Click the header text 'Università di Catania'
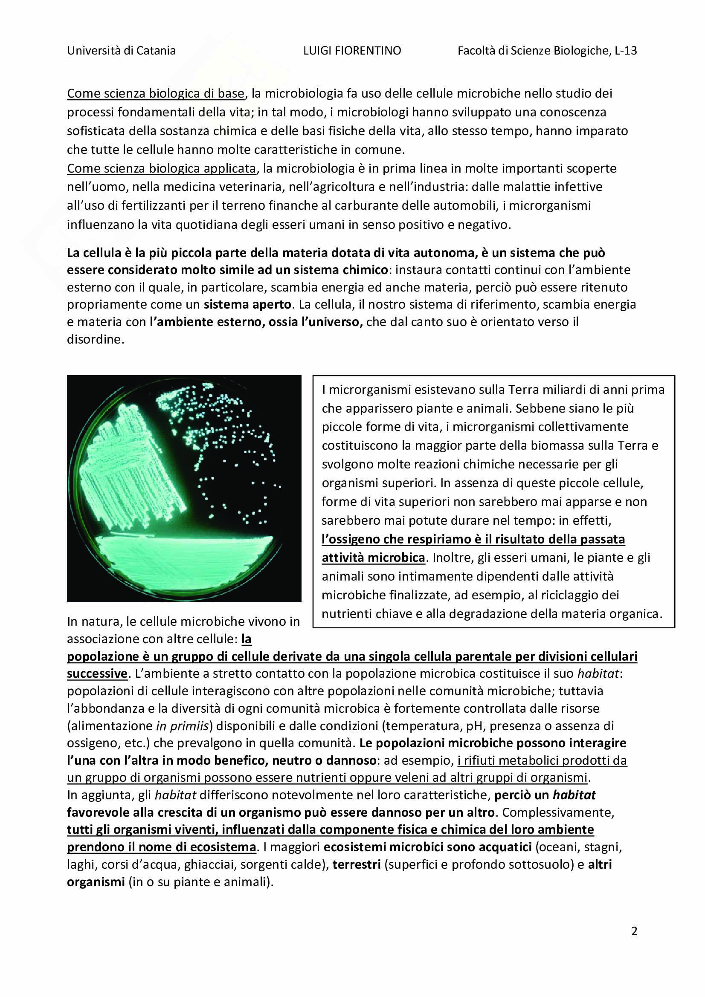(121, 51)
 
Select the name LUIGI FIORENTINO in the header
(352, 51)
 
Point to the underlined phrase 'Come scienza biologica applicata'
(162, 168)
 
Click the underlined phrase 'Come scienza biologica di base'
(156, 93)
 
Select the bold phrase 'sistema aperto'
(247, 304)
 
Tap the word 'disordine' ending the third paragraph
(95, 339)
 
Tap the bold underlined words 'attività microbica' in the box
(373, 558)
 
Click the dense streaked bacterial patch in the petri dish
(131, 469)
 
